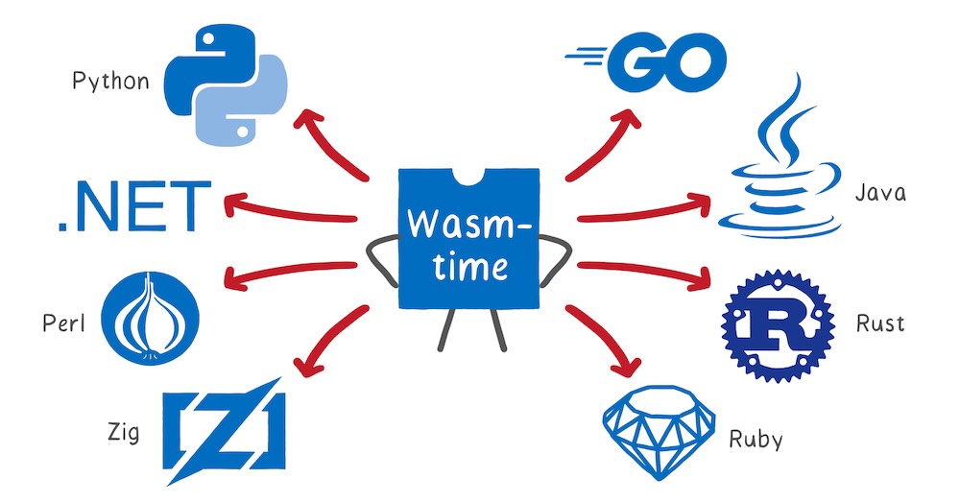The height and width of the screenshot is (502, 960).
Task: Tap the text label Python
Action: [110, 81]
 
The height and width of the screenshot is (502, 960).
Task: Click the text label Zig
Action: [123, 432]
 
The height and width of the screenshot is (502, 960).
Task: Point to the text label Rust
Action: [879, 323]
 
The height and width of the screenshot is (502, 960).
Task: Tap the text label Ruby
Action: [756, 441]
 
